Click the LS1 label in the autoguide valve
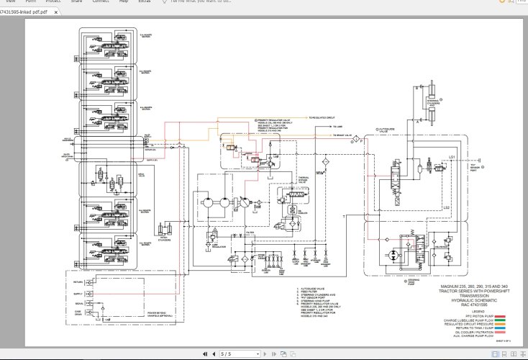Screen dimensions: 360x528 [452, 156]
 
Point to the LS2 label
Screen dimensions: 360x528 [446, 208]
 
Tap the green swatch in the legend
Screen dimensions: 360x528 [499, 320]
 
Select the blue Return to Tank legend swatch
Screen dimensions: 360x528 [499, 328]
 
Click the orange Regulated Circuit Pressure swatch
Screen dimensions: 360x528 [499, 324]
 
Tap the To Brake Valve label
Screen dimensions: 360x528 [341, 135]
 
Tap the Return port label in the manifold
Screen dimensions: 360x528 [78, 283]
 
